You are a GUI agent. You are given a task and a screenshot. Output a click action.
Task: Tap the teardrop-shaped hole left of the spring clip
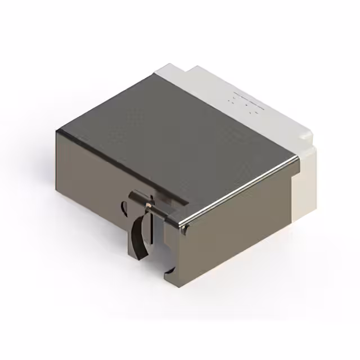pos(125,208)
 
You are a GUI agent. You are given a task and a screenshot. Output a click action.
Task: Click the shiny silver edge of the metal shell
pos(242,189)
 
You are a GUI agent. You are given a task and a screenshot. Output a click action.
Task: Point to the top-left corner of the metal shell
pos(58,130)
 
